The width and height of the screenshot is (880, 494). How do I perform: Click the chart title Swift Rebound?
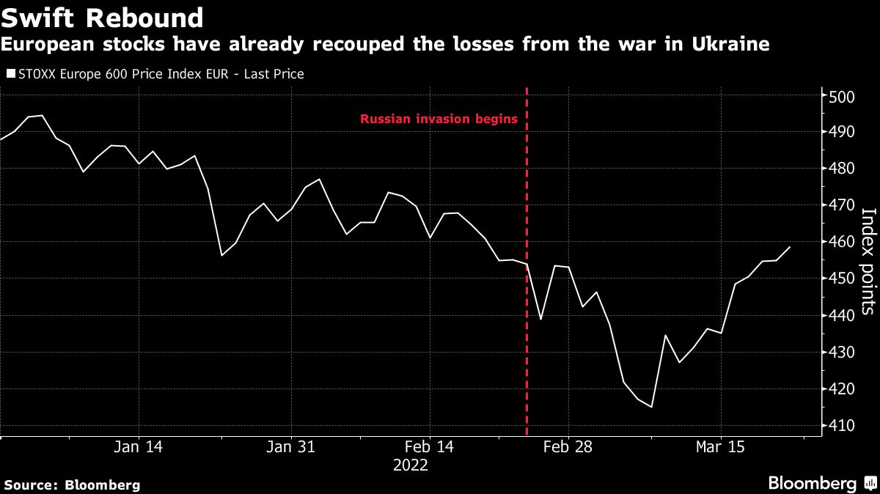(103, 17)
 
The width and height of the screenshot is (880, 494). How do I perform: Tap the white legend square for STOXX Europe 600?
(10, 73)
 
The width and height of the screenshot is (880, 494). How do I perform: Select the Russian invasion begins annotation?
(439, 119)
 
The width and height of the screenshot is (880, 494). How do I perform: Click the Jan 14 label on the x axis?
(139, 446)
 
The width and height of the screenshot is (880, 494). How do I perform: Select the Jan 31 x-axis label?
(292, 446)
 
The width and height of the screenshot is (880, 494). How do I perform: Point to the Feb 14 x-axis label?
(430, 446)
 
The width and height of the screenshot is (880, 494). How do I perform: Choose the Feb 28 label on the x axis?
(568, 446)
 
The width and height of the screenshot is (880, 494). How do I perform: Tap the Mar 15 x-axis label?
(721, 446)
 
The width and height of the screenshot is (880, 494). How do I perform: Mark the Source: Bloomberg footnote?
(72, 484)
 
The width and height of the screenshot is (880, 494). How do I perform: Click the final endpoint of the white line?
(790, 247)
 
